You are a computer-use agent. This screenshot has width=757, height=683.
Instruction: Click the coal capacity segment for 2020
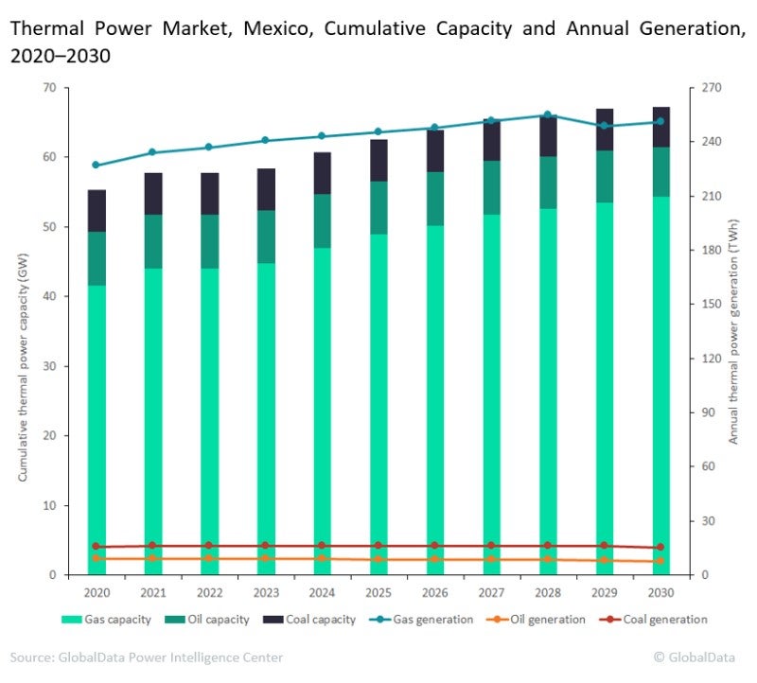pyautogui.click(x=97, y=211)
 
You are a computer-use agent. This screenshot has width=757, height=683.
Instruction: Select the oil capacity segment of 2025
pyautogui.click(x=378, y=207)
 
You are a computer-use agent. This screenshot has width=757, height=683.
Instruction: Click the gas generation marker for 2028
pyautogui.click(x=547, y=114)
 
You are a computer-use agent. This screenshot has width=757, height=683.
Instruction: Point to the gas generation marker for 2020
pyautogui.click(x=96, y=165)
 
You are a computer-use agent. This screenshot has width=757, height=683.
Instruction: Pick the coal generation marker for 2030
pyautogui.click(x=660, y=547)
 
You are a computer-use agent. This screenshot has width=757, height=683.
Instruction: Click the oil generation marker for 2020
pyautogui.click(x=96, y=558)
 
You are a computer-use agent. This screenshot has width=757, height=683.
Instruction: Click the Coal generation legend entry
pyautogui.click(x=658, y=620)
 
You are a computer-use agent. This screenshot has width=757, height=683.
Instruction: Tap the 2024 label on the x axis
pyautogui.click(x=323, y=593)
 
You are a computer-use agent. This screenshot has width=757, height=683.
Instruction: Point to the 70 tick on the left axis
pyautogui.click(x=49, y=88)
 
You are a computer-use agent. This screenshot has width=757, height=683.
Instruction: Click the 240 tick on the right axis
pyautogui.click(x=710, y=142)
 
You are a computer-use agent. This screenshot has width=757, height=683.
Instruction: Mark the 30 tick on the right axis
pyautogui.click(x=708, y=521)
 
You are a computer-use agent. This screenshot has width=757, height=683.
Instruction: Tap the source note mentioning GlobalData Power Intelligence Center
pyautogui.click(x=147, y=657)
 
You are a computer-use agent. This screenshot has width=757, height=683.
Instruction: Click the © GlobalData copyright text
pyautogui.click(x=698, y=657)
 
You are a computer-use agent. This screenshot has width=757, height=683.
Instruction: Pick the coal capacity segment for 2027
pyautogui.click(x=491, y=140)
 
